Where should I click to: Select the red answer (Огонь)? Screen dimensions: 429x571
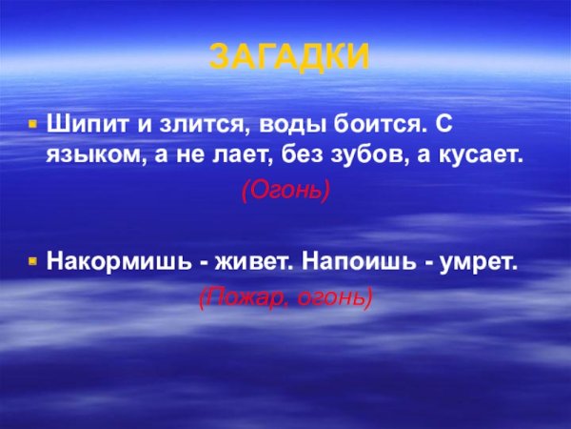coord(285,190)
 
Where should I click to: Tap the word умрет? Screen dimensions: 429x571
coord(482,259)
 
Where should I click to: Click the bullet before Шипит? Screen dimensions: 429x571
coord(31,124)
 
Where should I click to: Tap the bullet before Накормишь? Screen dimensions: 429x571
coord(31,259)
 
